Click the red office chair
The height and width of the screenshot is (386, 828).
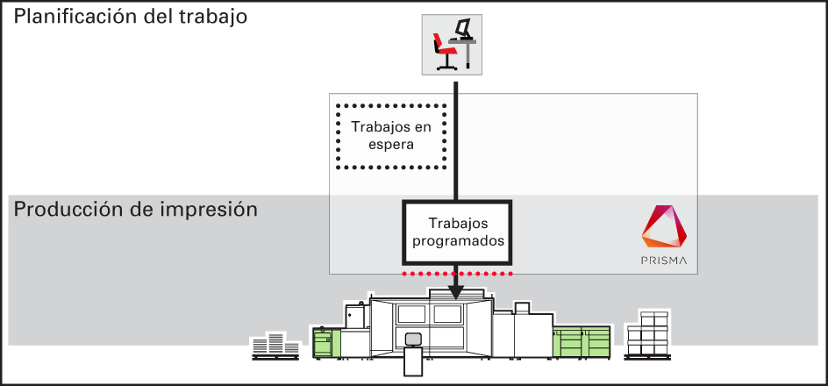[444, 51]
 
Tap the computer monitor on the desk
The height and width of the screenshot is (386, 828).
[463, 28]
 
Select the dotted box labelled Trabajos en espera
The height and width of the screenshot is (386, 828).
[392, 136]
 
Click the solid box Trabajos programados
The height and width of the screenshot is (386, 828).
[457, 232]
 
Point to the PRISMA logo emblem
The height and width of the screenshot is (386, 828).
[664, 226]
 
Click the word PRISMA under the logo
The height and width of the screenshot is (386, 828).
[664, 261]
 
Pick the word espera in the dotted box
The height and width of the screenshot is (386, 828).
[392, 145]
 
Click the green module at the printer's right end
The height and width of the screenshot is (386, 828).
[582, 340]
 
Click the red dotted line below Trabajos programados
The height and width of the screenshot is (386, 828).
[457, 274]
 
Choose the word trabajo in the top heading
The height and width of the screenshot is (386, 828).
[211, 17]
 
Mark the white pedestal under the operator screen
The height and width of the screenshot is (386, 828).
[413, 362]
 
